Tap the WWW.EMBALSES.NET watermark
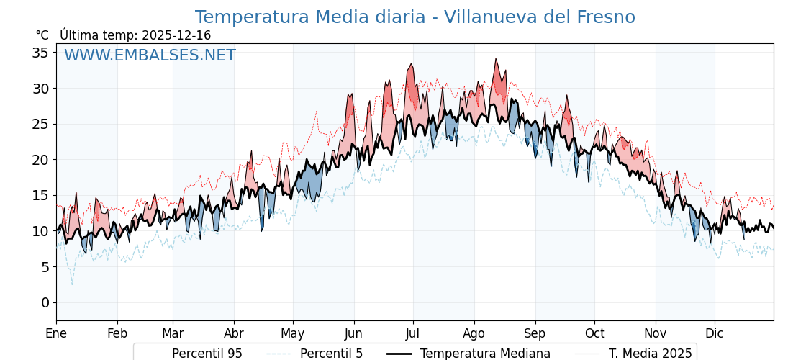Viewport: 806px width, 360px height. [150, 55]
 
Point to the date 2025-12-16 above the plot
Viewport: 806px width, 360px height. [176, 35]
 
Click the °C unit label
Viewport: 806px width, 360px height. [42, 35]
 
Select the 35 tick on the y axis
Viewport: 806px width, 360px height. [40, 53]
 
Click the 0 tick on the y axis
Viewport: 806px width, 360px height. [45, 302]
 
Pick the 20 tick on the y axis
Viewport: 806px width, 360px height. [40, 160]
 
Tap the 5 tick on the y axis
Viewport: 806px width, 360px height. [45, 267]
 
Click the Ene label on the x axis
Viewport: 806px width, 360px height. [56, 333]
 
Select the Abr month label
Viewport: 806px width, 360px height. [234, 333]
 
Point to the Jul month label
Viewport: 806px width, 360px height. [413, 333]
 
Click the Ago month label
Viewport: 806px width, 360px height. [474, 333]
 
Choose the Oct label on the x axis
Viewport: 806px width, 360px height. [594, 333]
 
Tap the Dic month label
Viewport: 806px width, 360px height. [715, 333]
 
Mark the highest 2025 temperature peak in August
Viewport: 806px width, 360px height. [496, 59]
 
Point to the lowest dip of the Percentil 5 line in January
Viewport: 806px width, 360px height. [72, 284]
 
